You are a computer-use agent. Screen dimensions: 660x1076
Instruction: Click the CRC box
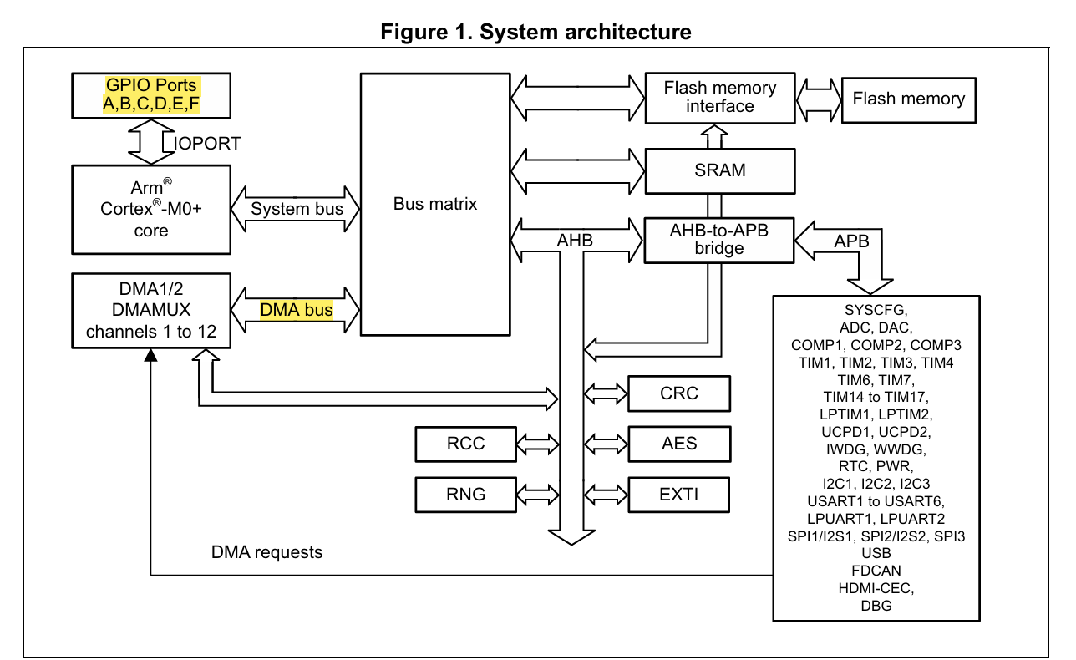click(x=678, y=393)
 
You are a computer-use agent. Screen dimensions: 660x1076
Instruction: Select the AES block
click(x=678, y=444)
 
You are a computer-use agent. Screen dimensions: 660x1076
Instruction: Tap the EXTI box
click(x=678, y=494)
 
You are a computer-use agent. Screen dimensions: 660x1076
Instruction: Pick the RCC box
click(x=465, y=444)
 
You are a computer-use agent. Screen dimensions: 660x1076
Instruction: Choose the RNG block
click(x=465, y=494)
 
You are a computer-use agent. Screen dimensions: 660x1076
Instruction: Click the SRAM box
click(x=719, y=170)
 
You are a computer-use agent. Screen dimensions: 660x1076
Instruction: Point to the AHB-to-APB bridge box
click(x=719, y=240)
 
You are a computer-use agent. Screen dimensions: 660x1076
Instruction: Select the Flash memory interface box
click(x=719, y=97)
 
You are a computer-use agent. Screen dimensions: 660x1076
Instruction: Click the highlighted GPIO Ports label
click(x=151, y=94)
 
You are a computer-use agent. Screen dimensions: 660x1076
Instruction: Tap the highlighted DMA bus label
click(x=297, y=310)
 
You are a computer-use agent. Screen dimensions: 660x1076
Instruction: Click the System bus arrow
click(x=297, y=209)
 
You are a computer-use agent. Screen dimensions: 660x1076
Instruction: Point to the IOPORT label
click(x=207, y=144)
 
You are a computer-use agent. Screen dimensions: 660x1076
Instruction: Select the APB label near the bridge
click(x=851, y=241)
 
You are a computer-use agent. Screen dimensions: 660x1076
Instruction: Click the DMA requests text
click(x=266, y=552)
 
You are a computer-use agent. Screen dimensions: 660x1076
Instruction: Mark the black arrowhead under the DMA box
click(x=150, y=355)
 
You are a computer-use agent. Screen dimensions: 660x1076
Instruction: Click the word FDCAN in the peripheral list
click(x=876, y=571)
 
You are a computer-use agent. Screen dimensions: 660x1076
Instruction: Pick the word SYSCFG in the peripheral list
click(x=876, y=310)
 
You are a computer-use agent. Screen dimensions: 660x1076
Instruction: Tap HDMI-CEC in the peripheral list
click(x=876, y=588)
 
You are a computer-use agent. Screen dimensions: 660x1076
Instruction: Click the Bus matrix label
click(x=435, y=204)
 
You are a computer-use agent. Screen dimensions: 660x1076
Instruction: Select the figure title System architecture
click(x=535, y=32)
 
